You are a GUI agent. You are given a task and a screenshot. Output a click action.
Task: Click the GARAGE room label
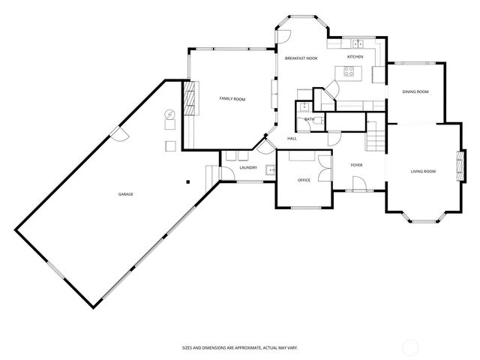[x=125, y=194]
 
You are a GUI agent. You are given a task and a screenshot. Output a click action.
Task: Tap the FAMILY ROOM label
[x=232, y=99]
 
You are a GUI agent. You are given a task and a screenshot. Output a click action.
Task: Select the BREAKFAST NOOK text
[x=301, y=58]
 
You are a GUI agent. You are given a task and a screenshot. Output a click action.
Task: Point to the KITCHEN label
[x=355, y=57]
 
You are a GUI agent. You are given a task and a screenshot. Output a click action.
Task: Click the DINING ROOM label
[x=415, y=91]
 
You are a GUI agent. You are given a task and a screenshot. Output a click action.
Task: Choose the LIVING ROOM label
[x=422, y=172]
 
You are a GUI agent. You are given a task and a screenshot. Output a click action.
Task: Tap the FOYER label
[x=356, y=164]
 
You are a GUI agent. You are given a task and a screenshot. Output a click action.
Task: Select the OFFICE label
[x=304, y=180]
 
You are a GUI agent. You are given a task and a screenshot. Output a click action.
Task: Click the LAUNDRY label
[x=248, y=168]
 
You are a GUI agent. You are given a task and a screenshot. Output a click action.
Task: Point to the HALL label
[x=292, y=138]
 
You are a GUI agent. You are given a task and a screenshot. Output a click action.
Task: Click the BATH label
[x=309, y=119]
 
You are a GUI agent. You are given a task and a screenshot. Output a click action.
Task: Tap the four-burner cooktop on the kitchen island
[x=349, y=71]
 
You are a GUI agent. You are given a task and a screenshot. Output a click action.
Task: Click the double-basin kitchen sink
[x=357, y=43]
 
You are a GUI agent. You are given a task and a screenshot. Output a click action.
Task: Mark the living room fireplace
[x=457, y=163]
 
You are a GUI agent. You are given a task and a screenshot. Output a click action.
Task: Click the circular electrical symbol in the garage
[x=169, y=115]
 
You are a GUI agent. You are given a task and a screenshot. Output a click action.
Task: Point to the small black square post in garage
[x=187, y=181]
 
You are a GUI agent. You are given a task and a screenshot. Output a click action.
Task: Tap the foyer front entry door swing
[x=358, y=184]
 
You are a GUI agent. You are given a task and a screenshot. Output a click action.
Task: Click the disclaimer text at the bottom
[x=240, y=347]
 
